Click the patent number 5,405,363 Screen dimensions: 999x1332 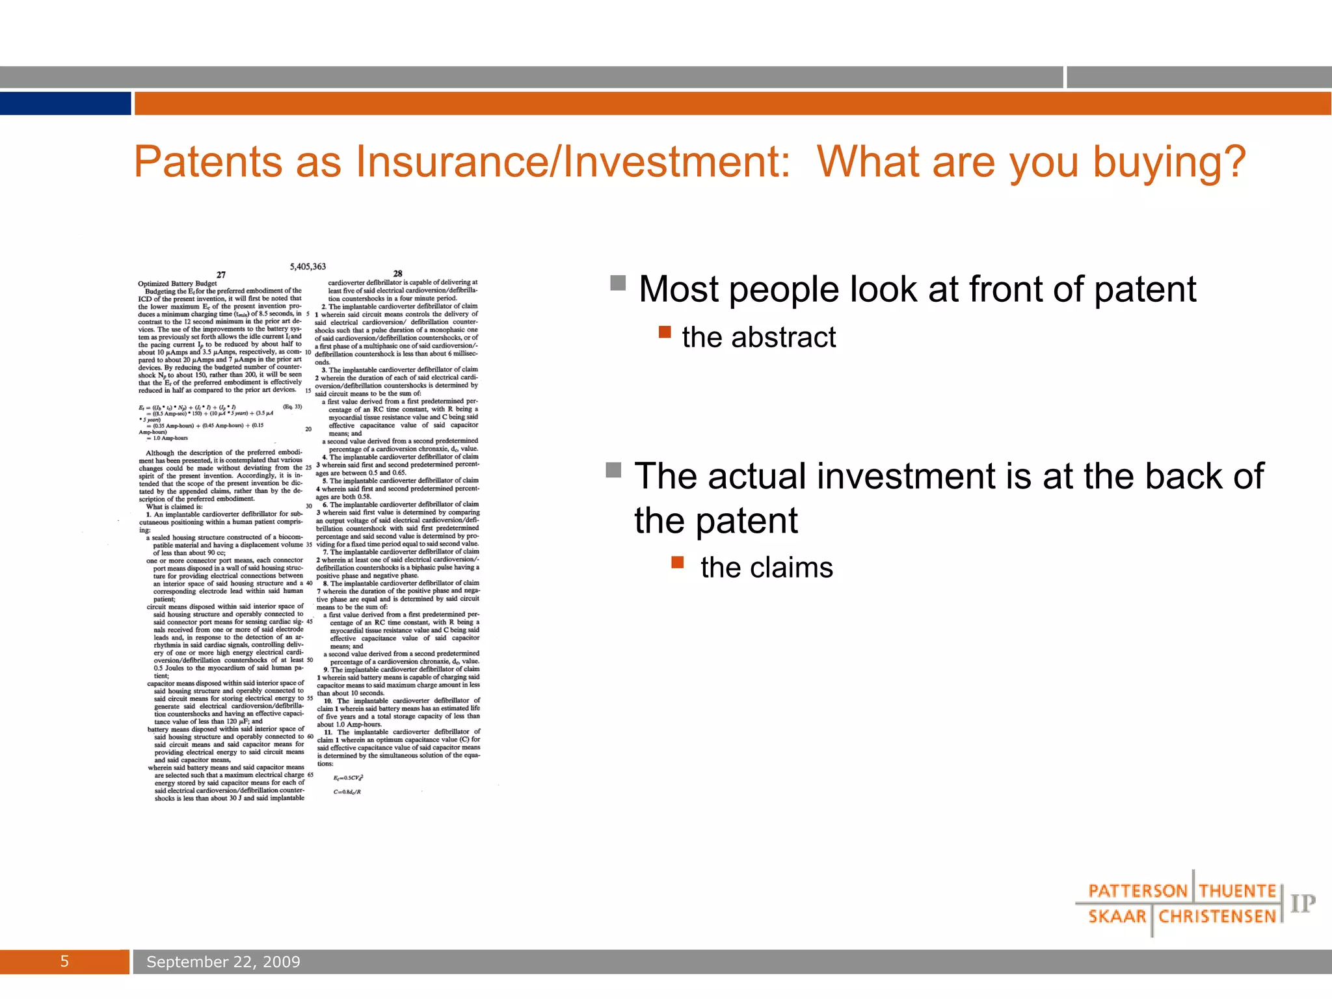(x=308, y=267)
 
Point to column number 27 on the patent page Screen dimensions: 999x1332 (x=221, y=275)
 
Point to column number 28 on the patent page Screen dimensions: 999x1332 (x=398, y=274)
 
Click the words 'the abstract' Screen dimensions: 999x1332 (x=758, y=338)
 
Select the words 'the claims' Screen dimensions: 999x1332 (x=766, y=567)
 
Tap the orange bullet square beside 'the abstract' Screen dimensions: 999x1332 (x=665, y=332)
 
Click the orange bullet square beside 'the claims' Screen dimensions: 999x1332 (x=678, y=562)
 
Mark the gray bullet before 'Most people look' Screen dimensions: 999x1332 (x=618, y=283)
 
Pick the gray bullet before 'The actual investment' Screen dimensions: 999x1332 (x=613, y=470)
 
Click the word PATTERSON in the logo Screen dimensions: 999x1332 (x=1138, y=891)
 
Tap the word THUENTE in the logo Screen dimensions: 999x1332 (x=1237, y=891)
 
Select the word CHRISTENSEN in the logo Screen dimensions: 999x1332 (x=1217, y=917)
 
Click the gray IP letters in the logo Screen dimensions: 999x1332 (x=1303, y=903)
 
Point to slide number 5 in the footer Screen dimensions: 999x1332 (x=64, y=962)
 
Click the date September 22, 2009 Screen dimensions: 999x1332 (x=223, y=962)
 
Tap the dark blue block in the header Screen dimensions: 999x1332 (x=65, y=103)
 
